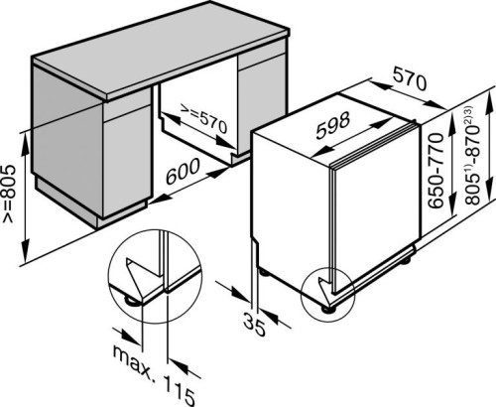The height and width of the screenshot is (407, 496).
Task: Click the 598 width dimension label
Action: point(332,125)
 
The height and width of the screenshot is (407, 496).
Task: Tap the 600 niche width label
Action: point(183,171)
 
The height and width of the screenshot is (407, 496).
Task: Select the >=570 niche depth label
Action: point(203,119)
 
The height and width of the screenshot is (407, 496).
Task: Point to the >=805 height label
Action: point(9,194)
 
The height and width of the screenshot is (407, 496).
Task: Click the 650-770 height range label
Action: point(435,171)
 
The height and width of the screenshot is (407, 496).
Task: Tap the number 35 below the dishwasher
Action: point(254,325)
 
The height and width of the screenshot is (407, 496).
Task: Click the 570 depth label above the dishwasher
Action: point(410,79)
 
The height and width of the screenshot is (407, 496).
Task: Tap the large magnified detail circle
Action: point(108,276)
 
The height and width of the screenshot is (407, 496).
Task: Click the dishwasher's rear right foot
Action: point(405,261)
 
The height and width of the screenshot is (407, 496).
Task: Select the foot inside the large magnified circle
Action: point(131,302)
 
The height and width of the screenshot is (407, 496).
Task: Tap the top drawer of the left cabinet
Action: point(128,110)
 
